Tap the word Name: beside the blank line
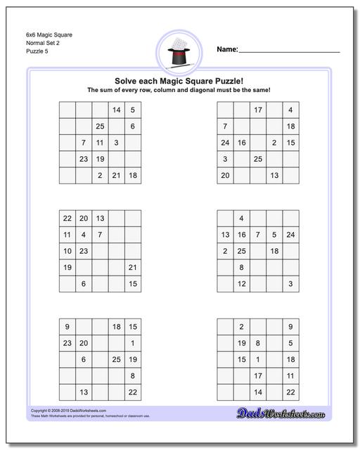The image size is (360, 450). click(227, 49)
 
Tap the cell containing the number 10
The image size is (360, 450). click(67, 251)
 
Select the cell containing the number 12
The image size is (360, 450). click(241, 283)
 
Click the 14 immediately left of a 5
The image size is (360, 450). click(117, 110)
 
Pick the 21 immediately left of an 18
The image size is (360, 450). click(117, 175)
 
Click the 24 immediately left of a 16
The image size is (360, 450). click(225, 143)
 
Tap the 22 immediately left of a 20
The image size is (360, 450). click(67, 219)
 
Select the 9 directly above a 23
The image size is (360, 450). click(67, 327)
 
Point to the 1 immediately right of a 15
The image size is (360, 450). click(258, 359)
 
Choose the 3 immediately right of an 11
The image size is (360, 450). click(117, 143)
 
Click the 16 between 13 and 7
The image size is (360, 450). click(241, 235)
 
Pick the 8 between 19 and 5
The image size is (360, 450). click(258, 343)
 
